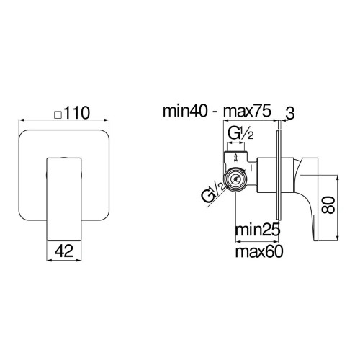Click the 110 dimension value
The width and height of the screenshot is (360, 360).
(77, 113)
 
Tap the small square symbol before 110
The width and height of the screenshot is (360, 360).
(58, 114)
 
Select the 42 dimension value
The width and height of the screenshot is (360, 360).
(63, 251)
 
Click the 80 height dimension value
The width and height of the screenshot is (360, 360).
(328, 205)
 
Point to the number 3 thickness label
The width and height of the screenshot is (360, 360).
(290, 114)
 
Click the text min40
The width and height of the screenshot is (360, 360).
(185, 111)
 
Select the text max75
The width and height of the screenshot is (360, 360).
(247, 111)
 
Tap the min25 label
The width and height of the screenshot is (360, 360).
(258, 230)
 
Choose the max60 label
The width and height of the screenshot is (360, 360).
(259, 251)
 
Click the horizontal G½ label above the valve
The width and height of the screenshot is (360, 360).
(240, 134)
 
